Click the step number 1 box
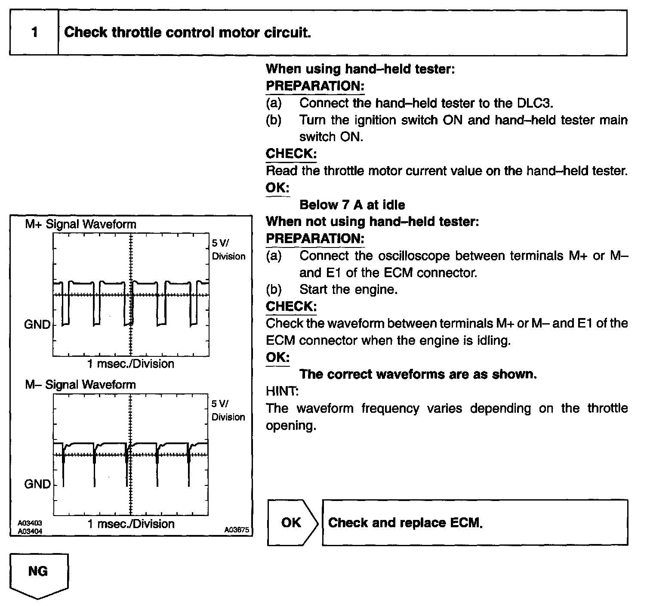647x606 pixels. click(34, 33)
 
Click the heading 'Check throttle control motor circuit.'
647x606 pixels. click(187, 33)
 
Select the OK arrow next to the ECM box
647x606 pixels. click(292, 523)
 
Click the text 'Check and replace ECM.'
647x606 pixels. click(405, 523)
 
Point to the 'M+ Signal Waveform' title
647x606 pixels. click(80, 224)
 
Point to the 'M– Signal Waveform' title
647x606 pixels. click(80, 384)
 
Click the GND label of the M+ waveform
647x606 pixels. click(37, 325)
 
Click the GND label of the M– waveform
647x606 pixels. click(37, 484)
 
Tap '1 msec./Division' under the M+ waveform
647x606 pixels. click(131, 364)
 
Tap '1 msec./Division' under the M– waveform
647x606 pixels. click(131, 524)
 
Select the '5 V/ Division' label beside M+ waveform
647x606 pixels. click(228, 250)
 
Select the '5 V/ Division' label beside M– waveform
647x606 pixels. click(228, 410)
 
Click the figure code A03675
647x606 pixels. click(236, 530)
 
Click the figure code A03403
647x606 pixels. click(30, 523)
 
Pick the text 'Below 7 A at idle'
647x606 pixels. click(352, 205)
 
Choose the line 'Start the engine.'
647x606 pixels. click(348, 290)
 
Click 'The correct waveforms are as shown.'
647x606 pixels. click(418, 374)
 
